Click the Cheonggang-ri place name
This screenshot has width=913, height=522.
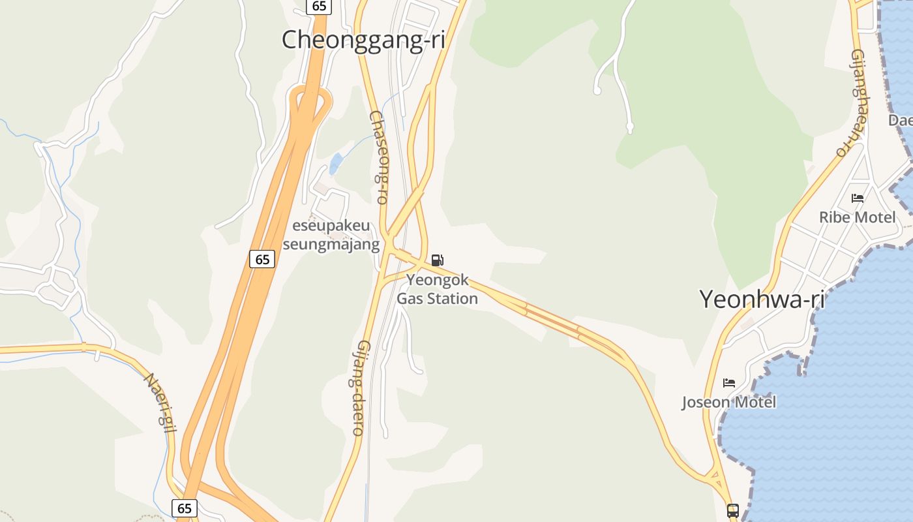(x=363, y=40)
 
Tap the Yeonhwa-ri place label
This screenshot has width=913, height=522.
(x=762, y=299)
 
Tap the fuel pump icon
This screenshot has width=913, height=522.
(x=438, y=260)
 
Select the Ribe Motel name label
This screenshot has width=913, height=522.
(x=857, y=217)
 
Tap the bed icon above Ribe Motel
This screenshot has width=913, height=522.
(x=858, y=198)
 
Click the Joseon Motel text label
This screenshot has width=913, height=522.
(x=729, y=402)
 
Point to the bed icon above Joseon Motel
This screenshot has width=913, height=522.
(x=729, y=382)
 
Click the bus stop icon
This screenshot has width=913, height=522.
(x=733, y=510)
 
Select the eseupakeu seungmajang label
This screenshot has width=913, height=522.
(x=331, y=236)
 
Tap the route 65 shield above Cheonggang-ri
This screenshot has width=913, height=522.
(x=319, y=7)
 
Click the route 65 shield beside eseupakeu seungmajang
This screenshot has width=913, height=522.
(x=262, y=259)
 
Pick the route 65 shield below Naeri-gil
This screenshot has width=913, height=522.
(x=185, y=508)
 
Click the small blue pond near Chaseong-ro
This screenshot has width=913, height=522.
(x=336, y=163)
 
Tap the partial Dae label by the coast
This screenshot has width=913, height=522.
(x=900, y=121)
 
